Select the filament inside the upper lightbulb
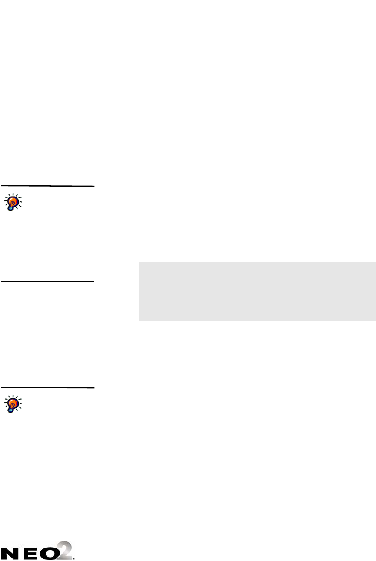(x=13, y=202)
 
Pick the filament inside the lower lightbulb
(x=13, y=404)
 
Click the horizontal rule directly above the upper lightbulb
(x=47, y=186)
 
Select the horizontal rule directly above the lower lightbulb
(x=47, y=387)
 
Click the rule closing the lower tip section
(x=47, y=457)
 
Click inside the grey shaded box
(x=256, y=291)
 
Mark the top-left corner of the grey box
(x=139, y=262)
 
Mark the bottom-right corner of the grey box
(x=375, y=321)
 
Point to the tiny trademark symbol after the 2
(x=75, y=557)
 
